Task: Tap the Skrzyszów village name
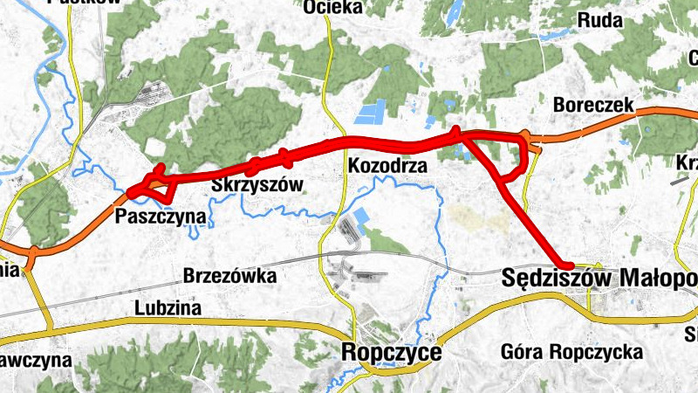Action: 257,185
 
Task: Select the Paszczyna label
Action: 161,216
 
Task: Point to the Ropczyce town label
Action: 393,353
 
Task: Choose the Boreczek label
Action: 593,105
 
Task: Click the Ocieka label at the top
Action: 332,8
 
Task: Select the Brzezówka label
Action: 229,276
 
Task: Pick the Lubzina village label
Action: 168,307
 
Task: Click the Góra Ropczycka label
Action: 572,353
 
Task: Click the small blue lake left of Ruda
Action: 454,12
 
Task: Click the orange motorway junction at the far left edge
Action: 30,254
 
